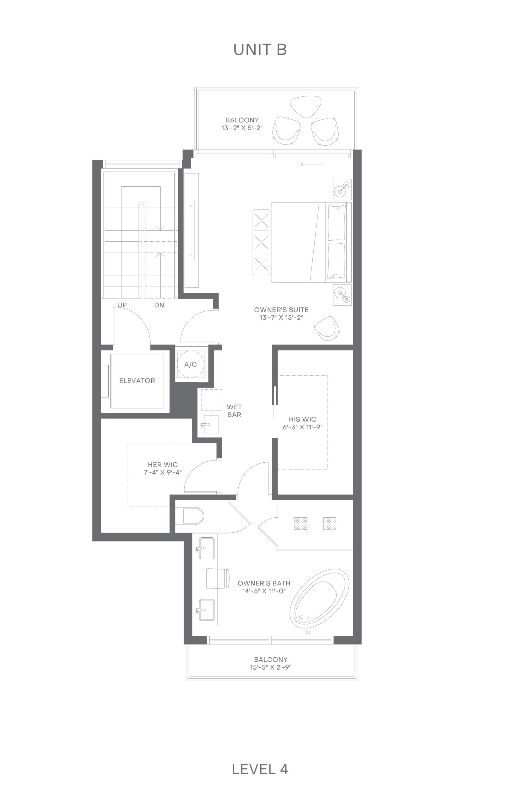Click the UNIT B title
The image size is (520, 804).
[260, 49]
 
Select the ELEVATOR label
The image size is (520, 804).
[137, 381]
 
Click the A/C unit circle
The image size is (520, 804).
[191, 364]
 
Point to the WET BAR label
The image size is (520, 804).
[234, 410]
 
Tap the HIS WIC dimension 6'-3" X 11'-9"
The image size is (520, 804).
[302, 427]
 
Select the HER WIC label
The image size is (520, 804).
[163, 464]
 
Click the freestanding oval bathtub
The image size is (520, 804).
[319, 599]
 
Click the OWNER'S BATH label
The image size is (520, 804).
[264, 583]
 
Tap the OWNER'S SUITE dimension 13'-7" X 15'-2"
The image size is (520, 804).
[281, 318]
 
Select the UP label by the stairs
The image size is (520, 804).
[122, 305]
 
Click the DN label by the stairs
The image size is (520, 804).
[159, 305]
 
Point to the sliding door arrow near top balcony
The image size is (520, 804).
[312, 165]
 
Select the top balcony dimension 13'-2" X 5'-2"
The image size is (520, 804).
[242, 128]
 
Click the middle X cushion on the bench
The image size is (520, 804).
[262, 242]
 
